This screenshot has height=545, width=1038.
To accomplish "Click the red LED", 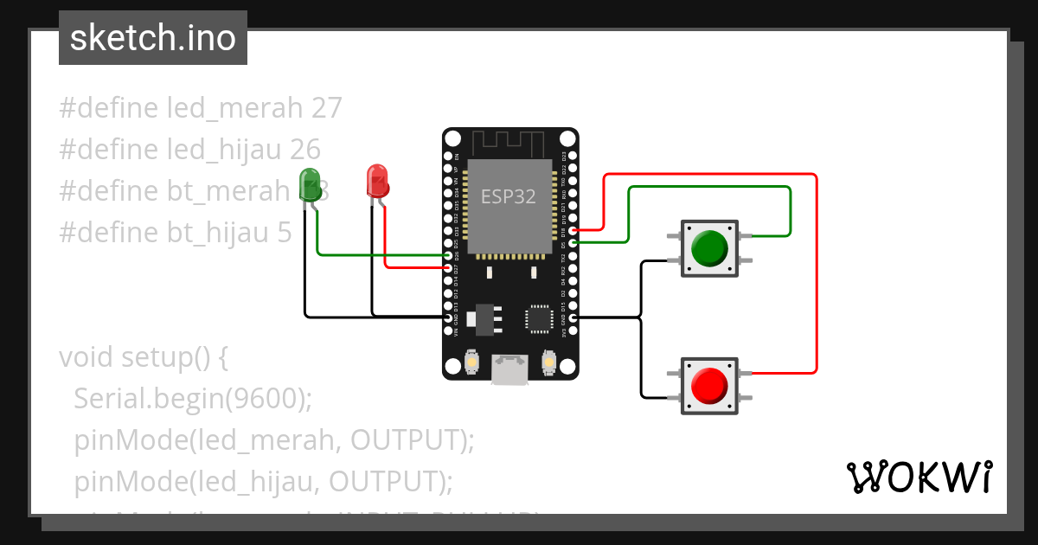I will coord(377,181).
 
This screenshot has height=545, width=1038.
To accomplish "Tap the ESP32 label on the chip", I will coord(509,196).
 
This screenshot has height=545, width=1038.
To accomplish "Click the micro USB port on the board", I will coord(509,369).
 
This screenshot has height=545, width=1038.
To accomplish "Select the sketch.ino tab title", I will coord(153,38).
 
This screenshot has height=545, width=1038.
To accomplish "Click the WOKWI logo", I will coord(919,477).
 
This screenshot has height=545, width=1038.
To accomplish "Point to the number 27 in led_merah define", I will coord(326,108).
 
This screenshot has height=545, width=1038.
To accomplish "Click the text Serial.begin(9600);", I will coord(192,398).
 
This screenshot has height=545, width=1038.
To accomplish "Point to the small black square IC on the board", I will coord(539,318).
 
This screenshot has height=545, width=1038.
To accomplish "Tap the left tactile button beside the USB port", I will coord(472,361).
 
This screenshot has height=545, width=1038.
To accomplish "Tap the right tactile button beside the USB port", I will coord(548,361).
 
